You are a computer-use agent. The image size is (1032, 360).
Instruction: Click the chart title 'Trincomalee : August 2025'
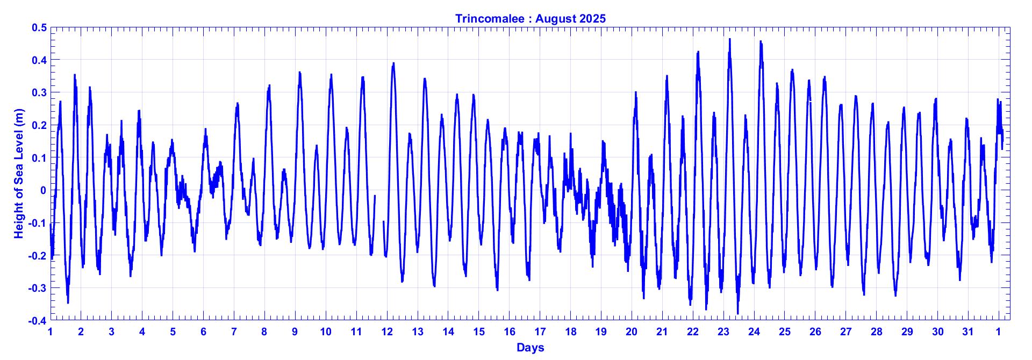530,18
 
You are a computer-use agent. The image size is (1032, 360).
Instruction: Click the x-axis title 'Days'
530,348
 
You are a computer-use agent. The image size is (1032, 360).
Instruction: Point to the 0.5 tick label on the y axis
40,27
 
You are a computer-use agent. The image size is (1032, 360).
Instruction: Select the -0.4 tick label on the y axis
38,321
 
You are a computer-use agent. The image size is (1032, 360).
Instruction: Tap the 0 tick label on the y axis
43,190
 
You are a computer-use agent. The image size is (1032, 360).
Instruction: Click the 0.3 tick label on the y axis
40,92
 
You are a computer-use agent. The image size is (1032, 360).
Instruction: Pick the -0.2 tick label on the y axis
38,256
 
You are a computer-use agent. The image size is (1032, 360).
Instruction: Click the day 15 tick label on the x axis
479,332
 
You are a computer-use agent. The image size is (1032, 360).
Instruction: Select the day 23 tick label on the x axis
723,332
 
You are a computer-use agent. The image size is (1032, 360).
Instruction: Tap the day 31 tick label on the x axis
968,332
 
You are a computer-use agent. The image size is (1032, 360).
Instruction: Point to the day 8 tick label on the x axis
264,332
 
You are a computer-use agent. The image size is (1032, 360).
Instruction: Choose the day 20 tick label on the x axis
632,332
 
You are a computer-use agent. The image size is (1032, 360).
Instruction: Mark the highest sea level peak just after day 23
730,39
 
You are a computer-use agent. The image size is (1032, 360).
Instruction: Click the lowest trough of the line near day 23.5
737,313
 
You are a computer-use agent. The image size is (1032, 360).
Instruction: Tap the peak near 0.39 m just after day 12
393,63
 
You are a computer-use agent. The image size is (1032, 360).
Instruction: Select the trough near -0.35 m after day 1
68,303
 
